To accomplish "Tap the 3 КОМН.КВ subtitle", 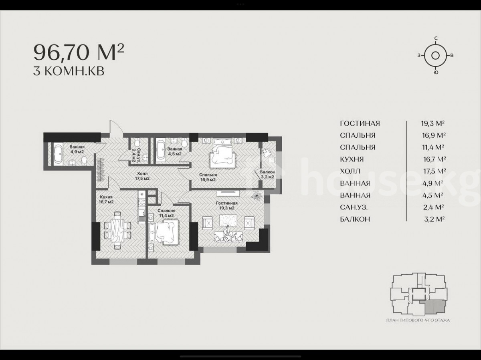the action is (x=69, y=71).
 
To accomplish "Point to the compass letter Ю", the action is (x=436, y=73).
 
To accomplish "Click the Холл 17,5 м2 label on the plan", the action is (x=142, y=176).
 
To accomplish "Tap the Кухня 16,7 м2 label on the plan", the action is (x=106, y=199).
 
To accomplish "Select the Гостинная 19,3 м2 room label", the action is (x=227, y=205).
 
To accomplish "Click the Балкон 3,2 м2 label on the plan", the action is (x=267, y=175).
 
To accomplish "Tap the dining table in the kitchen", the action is (x=117, y=230).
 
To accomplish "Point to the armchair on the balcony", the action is (x=267, y=152).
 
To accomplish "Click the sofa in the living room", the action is (x=228, y=237).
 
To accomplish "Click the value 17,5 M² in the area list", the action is (x=435, y=171).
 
